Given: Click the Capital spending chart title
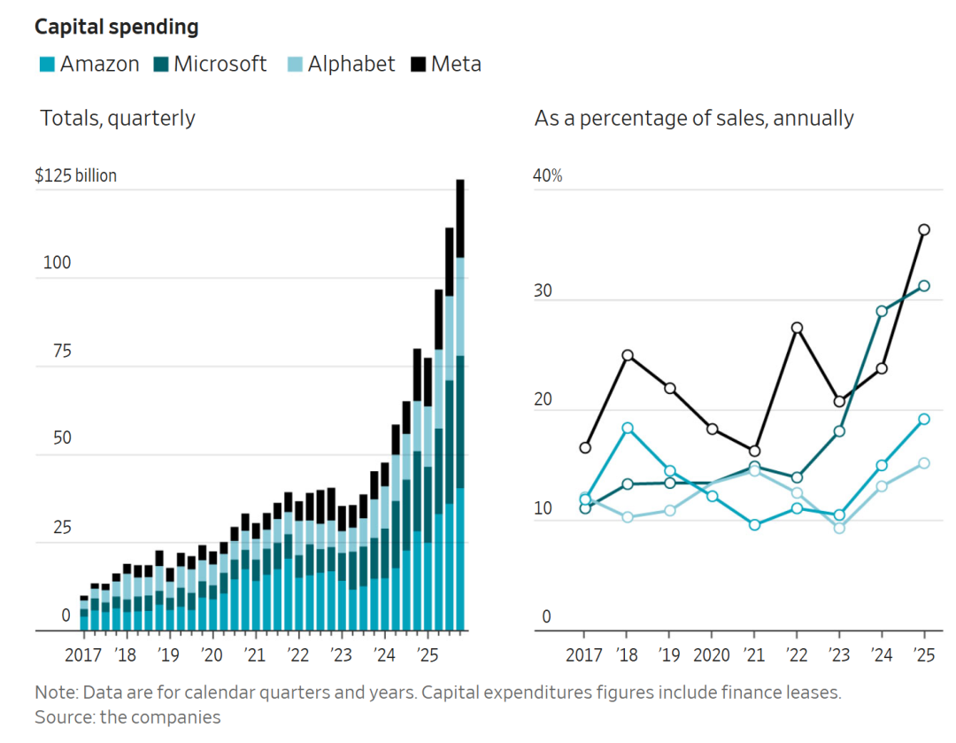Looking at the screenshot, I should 116,27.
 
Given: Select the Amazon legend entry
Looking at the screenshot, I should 89,64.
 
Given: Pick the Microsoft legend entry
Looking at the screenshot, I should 212,64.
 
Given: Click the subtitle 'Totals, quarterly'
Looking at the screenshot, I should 118,118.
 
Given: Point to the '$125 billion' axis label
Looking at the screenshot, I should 76,175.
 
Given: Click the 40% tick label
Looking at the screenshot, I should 548,175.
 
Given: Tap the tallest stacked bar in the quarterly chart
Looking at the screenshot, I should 460,399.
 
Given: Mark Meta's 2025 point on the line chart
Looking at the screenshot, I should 924,229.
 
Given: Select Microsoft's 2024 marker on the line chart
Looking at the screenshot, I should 882,311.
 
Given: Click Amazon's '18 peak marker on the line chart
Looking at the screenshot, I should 628,428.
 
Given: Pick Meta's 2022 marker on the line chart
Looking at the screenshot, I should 797,328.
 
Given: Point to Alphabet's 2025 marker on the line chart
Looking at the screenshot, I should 924,462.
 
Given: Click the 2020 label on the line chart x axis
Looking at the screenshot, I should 712,656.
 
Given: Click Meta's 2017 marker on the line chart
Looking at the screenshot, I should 585,447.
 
